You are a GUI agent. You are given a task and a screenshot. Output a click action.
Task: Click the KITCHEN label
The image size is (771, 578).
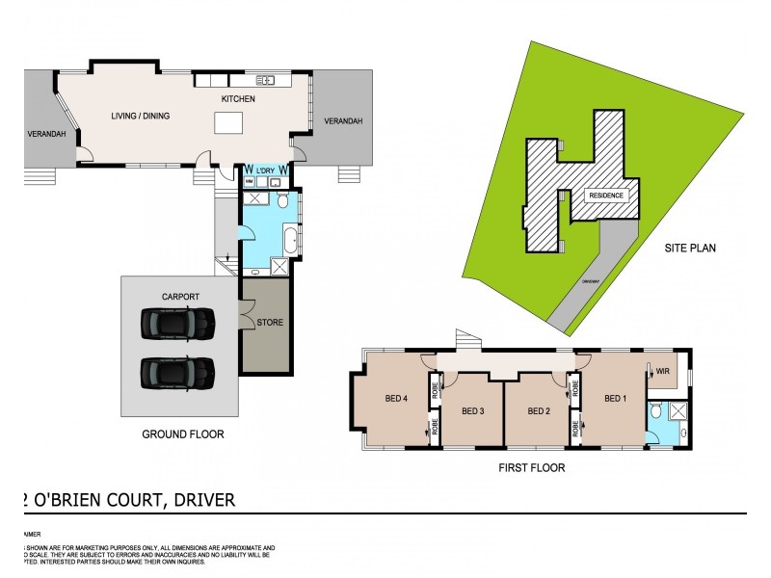point(237,99)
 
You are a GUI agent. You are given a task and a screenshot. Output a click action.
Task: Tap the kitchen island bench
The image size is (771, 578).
point(227,123)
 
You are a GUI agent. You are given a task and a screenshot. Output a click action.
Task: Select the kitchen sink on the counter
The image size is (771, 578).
point(267,80)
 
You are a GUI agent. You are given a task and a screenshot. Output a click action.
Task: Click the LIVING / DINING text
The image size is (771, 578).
point(141,116)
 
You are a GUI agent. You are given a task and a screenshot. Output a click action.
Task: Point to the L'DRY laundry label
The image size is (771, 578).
point(265,170)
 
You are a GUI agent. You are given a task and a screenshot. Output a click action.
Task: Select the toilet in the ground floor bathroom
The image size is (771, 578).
point(282,200)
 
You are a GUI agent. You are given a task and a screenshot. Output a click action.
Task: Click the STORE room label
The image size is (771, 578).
point(270,322)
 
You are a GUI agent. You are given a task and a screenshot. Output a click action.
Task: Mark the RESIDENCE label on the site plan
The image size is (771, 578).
point(601,196)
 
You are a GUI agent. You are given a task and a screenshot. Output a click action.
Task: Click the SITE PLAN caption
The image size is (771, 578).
point(690,248)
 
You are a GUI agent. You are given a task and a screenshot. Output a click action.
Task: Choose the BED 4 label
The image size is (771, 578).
point(395,401)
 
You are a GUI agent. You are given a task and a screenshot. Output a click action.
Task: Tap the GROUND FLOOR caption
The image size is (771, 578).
point(182,434)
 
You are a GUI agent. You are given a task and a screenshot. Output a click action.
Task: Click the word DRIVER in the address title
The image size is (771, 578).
point(200,500)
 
